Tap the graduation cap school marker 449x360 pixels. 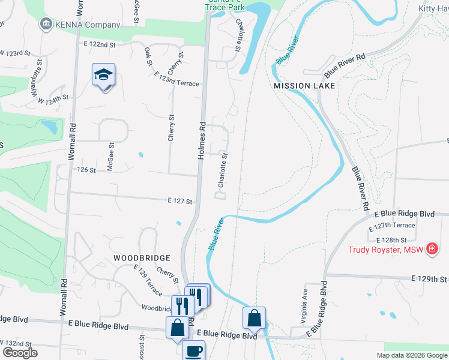coord(103,76)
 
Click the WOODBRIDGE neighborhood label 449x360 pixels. coord(142,257)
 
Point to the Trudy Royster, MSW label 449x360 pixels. coord(384,248)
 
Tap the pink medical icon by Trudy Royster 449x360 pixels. coord(432,248)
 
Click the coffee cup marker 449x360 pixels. coord(193,350)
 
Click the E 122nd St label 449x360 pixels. coord(99,44)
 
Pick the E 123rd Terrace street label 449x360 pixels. coord(176,79)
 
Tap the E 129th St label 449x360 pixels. coord(429,279)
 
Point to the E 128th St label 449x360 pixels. coord(391,239)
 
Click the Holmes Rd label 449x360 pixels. coord(203,142)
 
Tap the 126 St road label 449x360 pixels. coord(86,170)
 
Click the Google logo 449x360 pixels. coord(20,353)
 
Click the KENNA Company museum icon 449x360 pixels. coord(45,25)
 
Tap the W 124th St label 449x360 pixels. coord(50,98)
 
